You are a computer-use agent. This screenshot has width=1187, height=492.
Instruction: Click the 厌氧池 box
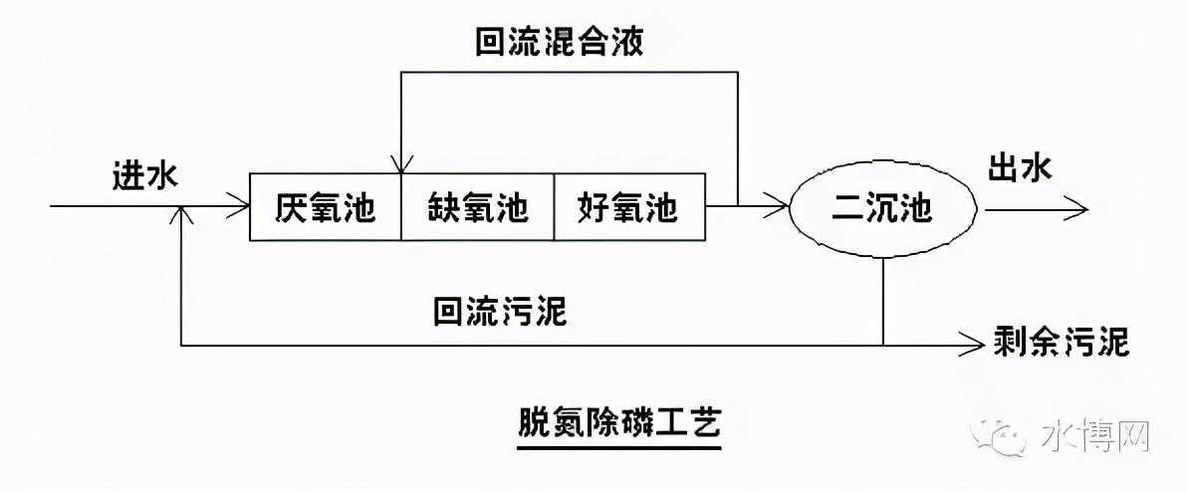[x=325, y=208]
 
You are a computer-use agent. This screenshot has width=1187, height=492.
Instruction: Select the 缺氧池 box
[x=477, y=208]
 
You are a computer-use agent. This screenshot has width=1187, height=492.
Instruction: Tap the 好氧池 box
[x=627, y=208]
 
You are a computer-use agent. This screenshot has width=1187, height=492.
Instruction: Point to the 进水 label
[x=144, y=176]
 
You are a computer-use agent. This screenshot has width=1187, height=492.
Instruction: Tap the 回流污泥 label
[x=500, y=312]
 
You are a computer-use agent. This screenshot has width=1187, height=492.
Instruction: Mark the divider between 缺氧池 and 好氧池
[x=553, y=208]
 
